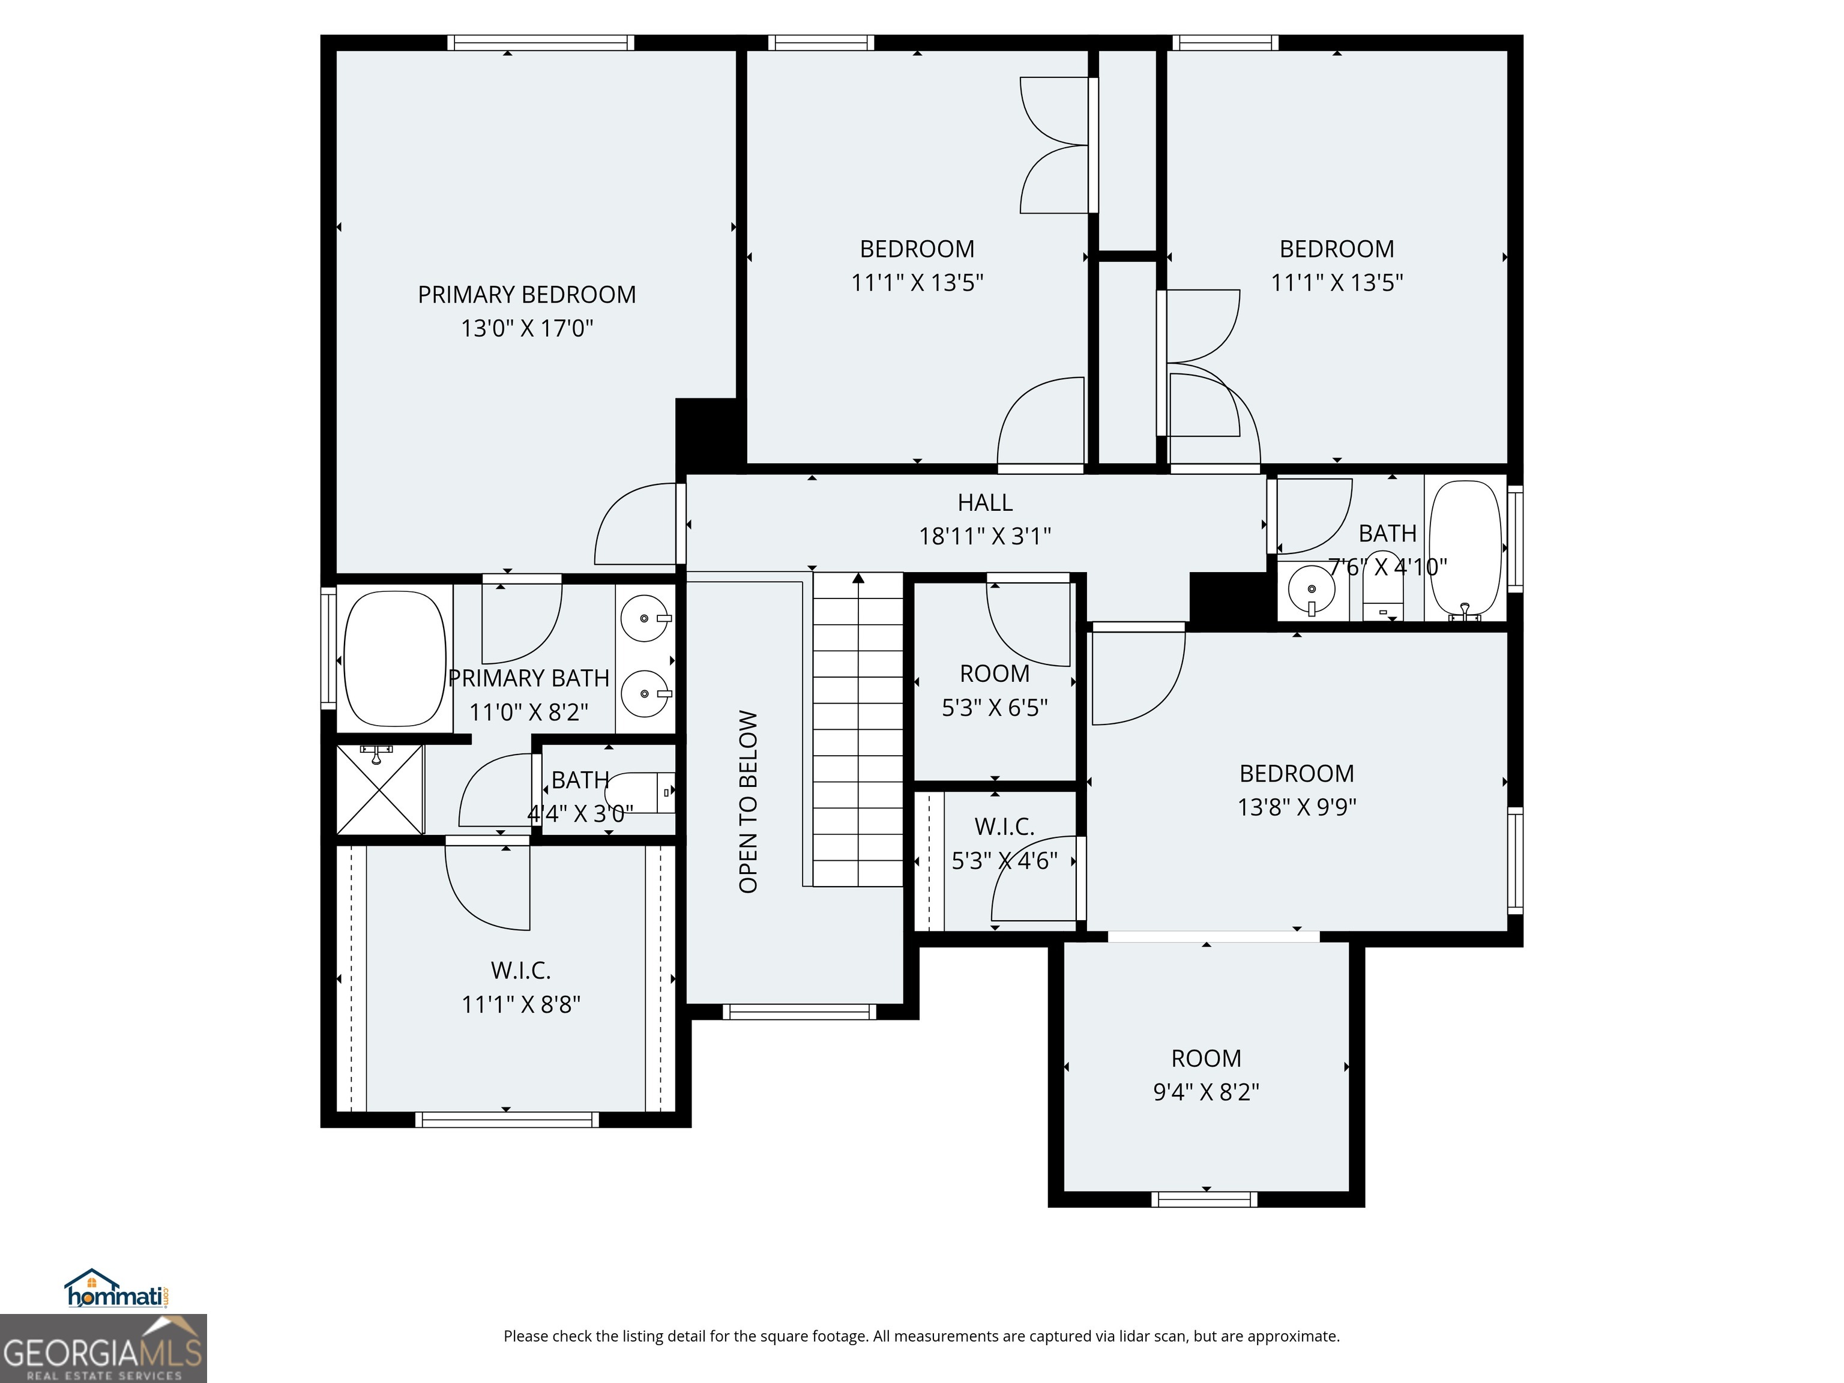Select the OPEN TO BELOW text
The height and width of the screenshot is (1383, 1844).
(x=748, y=801)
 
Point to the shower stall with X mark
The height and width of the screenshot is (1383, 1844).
(x=379, y=789)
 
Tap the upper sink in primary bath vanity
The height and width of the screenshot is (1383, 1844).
(x=645, y=618)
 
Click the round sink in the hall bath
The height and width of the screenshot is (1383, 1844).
(x=1312, y=588)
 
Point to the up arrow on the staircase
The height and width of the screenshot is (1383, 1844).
(x=858, y=577)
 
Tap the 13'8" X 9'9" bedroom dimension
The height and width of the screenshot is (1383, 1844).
(x=1297, y=807)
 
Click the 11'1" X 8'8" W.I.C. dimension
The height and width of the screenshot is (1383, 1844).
(x=521, y=1004)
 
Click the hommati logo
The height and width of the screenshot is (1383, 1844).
(x=116, y=1289)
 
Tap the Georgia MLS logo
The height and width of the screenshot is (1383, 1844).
(x=103, y=1348)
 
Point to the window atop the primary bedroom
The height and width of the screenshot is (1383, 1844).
(x=540, y=43)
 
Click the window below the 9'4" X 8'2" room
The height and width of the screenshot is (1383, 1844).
(x=1205, y=1199)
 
